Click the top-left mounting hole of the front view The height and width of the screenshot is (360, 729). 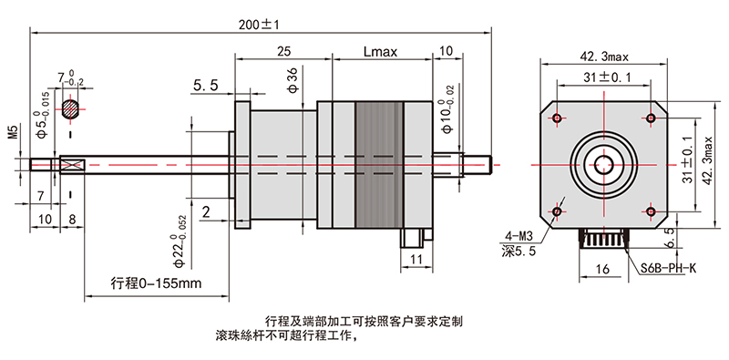click(x=557, y=118)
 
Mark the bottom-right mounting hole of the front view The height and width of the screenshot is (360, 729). click(x=651, y=211)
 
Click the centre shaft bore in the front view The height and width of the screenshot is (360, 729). click(x=603, y=165)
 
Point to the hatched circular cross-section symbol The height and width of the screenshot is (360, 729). click(x=71, y=108)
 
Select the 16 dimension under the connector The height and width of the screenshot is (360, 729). click(x=601, y=270)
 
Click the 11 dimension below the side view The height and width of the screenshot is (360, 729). click(x=416, y=261)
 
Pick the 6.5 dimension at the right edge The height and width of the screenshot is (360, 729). click(x=694, y=236)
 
